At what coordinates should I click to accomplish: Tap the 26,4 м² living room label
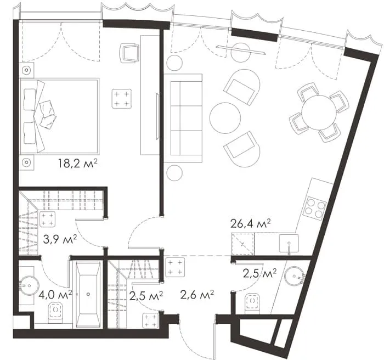(251, 224)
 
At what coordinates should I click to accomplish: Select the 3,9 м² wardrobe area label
(60, 239)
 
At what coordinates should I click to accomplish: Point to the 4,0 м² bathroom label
(55, 295)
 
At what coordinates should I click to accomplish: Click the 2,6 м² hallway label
(197, 295)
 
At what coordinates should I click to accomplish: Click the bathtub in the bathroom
(88, 295)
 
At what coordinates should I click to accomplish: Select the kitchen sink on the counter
(289, 243)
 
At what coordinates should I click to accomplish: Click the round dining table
(319, 113)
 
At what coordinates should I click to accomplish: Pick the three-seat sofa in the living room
(183, 119)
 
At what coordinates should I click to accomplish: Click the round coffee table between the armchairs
(225, 118)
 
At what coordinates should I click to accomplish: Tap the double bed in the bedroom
(59, 116)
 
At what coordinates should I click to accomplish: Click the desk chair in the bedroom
(129, 53)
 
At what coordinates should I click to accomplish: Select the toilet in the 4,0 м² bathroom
(55, 312)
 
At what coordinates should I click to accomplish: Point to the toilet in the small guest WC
(252, 303)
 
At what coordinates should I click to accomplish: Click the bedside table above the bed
(26, 70)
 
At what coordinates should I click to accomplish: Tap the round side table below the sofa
(174, 173)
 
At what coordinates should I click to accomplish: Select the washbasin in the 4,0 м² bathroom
(29, 286)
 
